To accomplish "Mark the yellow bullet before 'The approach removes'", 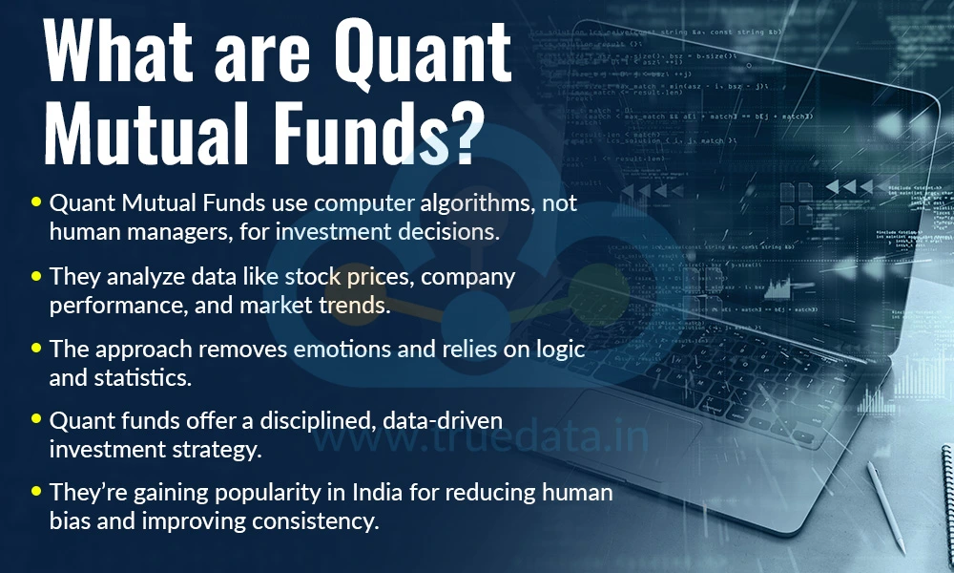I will click(36, 350).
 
